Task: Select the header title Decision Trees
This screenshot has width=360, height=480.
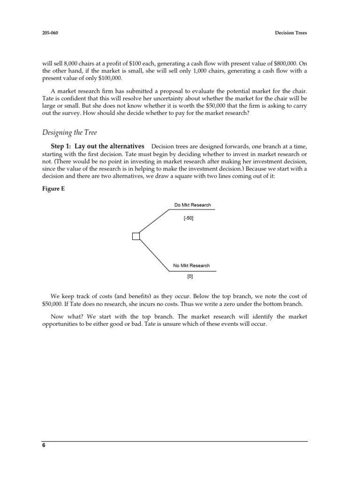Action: coord(290,33)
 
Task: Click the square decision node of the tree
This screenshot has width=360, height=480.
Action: coord(136,236)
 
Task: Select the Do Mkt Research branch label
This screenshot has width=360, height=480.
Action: coord(192,205)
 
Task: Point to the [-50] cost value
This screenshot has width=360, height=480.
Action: coord(188,218)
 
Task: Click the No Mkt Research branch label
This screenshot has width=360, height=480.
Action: coord(191,266)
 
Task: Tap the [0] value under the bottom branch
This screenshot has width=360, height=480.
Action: coord(190,277)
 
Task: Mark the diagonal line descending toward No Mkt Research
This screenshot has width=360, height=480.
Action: coord(154,254)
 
